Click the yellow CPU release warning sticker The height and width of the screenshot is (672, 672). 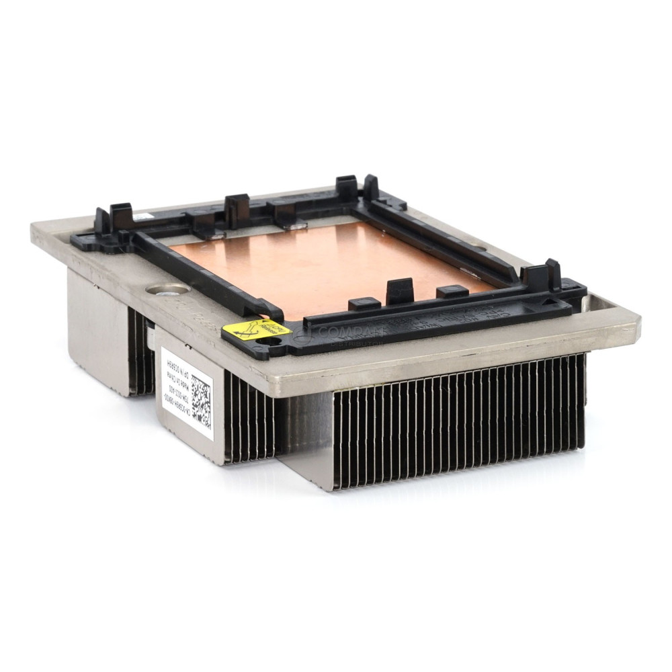pos(256,330)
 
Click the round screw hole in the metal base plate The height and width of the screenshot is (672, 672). pos(167,290)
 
